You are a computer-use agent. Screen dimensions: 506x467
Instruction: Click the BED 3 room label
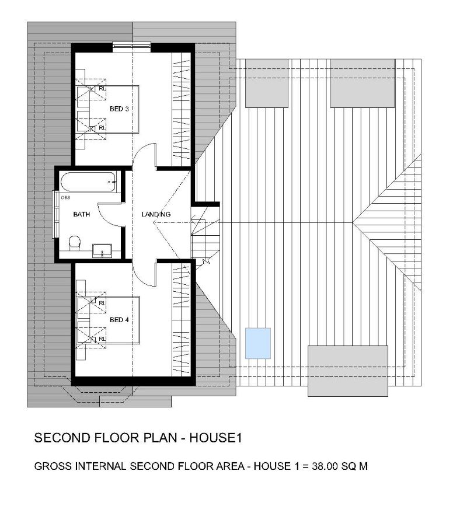coord(119,109)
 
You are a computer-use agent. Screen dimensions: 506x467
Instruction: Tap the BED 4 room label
coord(119,320)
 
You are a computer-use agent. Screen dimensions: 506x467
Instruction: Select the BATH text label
coord(81,215)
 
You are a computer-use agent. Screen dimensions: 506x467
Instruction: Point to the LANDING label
coord(156,215)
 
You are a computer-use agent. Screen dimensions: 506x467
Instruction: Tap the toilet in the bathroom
coord(74,243)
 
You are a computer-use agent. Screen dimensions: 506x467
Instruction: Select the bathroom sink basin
coord(104,250)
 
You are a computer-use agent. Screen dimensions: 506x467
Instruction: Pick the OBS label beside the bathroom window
coord(65,197)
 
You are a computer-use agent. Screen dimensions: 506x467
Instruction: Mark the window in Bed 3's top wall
coord(132,46)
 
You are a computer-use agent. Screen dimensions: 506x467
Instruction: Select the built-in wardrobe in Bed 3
coord(182,107)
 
